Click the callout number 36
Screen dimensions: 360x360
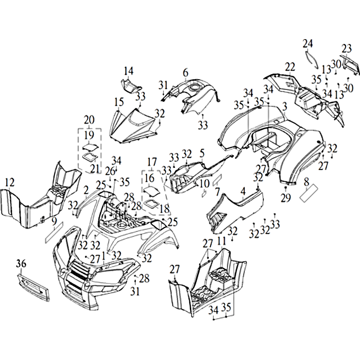(x=22, y=264)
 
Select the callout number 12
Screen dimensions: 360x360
(x=9, y=182)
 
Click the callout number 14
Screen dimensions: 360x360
(x=129, y=71)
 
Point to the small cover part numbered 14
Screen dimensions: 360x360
(x=130, y=85)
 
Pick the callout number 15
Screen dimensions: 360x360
(x=119, y=101)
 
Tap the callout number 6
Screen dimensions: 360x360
(x=185, y=73)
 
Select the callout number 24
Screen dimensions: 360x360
(x=308, y=44)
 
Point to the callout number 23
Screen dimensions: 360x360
(x=346, y=48)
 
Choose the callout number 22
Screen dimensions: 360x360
(x=290, y=67)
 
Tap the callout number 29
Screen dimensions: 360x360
(x=285, y=198)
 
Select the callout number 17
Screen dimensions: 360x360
(x=152, y=161)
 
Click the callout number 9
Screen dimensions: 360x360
(x=54, y=221)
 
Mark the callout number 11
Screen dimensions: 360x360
(x=221, y=241)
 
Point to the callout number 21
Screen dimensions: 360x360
(x=94, y=168)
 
